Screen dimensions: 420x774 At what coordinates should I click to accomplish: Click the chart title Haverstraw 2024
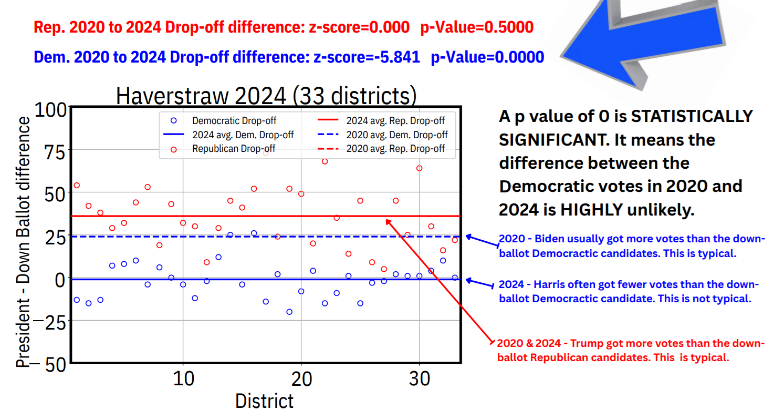pos(266,96)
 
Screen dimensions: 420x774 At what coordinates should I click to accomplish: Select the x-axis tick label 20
pos(301,378)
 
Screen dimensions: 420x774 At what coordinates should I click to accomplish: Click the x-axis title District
pos(264,401)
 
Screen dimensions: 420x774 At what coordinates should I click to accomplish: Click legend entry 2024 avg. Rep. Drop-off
pos(396,121)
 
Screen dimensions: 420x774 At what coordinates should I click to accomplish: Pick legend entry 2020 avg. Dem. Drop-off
pos(396,135)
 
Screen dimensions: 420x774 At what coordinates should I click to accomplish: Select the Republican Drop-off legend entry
pos(234,149)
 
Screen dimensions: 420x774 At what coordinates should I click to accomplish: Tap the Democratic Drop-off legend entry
pos(234,121)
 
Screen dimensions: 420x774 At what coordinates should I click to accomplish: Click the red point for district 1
pos(77,185)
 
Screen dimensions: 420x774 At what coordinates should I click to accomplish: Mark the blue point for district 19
pos(289,312)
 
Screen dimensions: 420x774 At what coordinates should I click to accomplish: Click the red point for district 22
pos(325,161)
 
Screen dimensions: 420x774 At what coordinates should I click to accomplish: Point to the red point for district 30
pos(419,168)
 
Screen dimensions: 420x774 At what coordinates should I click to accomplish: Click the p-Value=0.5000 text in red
pos(476,27)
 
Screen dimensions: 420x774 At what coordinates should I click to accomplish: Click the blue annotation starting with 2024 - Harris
pos(628,291)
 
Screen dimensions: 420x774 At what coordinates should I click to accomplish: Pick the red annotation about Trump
pos(630,351)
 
